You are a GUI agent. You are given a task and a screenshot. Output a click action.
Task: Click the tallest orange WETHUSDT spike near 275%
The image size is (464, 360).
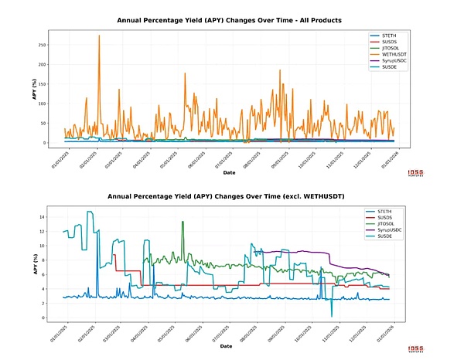pos(99,36)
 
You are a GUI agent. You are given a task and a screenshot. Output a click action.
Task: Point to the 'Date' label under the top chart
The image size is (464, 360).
pos(229,173)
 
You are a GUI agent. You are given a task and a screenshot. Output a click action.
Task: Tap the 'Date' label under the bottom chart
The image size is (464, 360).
pos(229,347)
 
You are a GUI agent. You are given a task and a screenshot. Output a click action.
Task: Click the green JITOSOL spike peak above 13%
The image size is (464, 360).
pos(183,222)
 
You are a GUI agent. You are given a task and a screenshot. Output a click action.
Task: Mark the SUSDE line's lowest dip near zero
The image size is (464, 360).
pos(331,315)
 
